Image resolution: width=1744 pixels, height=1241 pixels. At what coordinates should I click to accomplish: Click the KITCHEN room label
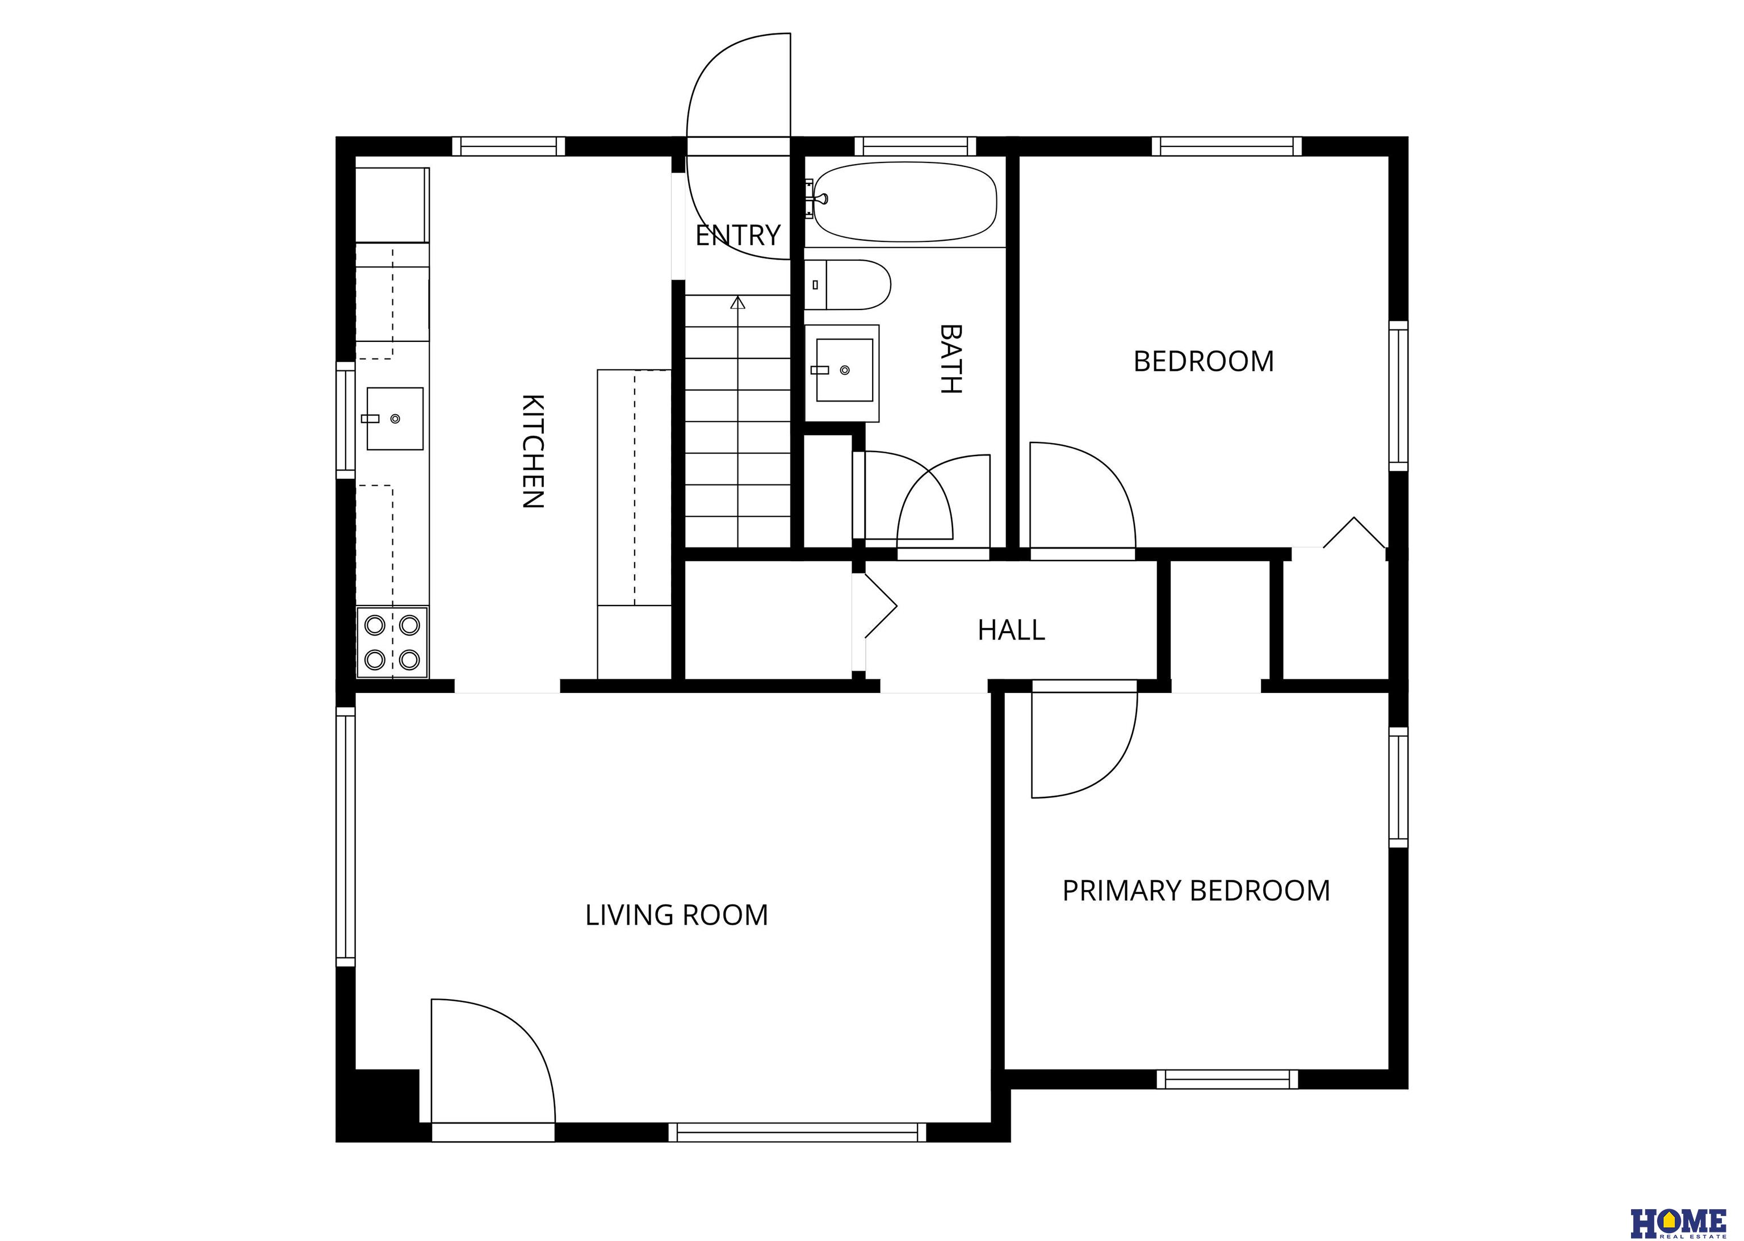tap(533, 451)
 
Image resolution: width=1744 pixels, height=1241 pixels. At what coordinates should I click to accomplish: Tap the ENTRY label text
tap(738, 235)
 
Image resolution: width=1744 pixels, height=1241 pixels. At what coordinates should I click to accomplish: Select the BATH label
tap(950, 358)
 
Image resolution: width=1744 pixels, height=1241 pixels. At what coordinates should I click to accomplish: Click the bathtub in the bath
tap(905, 202)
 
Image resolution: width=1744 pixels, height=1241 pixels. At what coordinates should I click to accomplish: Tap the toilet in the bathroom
tap(848, 285)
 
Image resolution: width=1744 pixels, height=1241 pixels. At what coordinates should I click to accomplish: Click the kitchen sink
tap(394, 418)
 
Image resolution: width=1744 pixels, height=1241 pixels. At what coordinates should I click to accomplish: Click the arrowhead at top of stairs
tap(737, 303)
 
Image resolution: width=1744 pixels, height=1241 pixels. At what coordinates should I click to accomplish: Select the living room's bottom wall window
tap(798, 1132)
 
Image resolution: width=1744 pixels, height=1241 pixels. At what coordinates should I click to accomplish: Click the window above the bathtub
tap(915, 146)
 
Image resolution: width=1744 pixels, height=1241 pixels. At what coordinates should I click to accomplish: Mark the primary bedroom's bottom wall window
tap(1227, 1079)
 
